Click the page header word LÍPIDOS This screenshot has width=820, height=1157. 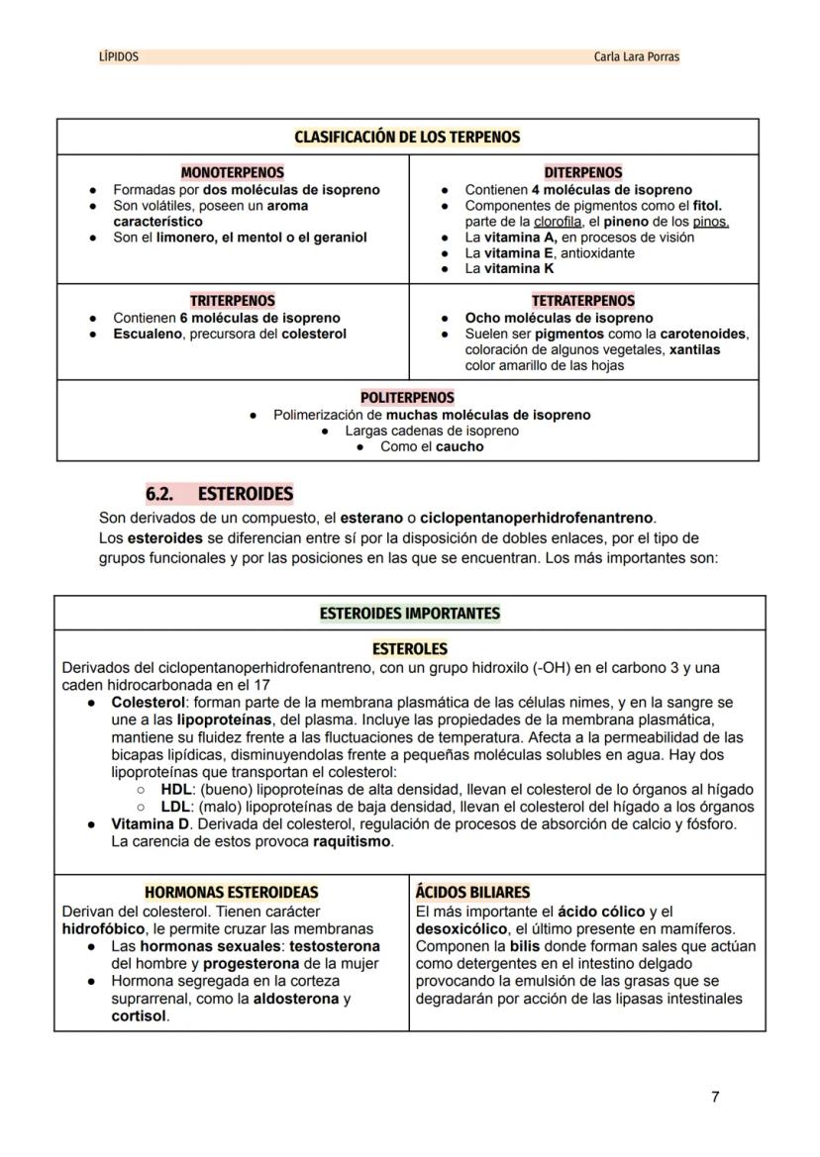119,57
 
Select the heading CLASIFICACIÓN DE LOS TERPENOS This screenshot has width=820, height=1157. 407,137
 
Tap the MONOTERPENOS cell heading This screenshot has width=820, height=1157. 232,172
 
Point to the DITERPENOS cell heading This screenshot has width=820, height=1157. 583,172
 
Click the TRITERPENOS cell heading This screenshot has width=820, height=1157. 232,301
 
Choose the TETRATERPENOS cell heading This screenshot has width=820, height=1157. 583,301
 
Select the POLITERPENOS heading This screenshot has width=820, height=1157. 407,398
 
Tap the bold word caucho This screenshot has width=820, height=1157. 461,446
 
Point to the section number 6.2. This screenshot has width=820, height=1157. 159,493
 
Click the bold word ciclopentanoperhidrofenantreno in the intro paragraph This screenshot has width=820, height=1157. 536,518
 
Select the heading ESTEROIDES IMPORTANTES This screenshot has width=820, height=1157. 409,614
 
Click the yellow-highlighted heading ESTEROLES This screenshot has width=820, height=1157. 409,649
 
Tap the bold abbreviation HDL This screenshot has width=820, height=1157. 175,790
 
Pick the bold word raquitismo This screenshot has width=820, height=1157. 353,841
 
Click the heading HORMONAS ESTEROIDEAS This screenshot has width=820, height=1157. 232,893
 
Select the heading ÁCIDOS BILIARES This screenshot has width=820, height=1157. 472,893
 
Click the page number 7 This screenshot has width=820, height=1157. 715,1097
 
